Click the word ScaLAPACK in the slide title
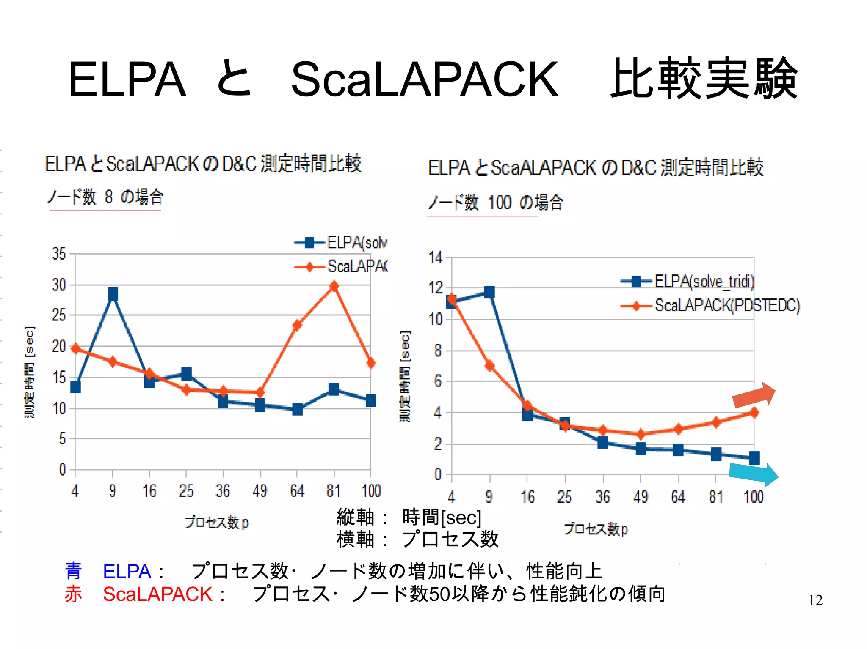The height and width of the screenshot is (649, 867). coord(425,79)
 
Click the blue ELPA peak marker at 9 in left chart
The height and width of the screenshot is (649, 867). coord(113,293)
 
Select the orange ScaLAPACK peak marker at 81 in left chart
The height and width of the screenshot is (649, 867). coord(334,286)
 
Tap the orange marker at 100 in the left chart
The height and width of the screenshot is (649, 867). coord(371,363)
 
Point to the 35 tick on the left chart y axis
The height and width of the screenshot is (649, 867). coord(59,254)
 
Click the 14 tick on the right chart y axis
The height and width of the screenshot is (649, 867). coord(435,257)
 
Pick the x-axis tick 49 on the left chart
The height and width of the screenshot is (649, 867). coord(260,490)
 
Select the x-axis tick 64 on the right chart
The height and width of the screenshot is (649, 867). coord(678,496)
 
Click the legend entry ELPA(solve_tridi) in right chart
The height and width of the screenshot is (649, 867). coord(704,281)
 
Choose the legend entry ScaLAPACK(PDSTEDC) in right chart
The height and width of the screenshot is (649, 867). coord(727,305)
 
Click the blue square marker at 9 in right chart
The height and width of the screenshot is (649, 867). coord(489,292)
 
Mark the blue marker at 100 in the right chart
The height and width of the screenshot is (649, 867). coord(754,458)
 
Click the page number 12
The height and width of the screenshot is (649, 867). coord(815,600)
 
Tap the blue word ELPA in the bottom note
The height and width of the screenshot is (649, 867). coord(127,572)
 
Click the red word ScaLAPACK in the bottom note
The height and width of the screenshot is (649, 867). coord(157,594)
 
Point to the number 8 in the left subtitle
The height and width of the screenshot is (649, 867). coord(109,197)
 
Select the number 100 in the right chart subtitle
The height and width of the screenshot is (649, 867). coord(500,203)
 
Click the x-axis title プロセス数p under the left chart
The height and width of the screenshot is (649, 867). coord(216,523)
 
